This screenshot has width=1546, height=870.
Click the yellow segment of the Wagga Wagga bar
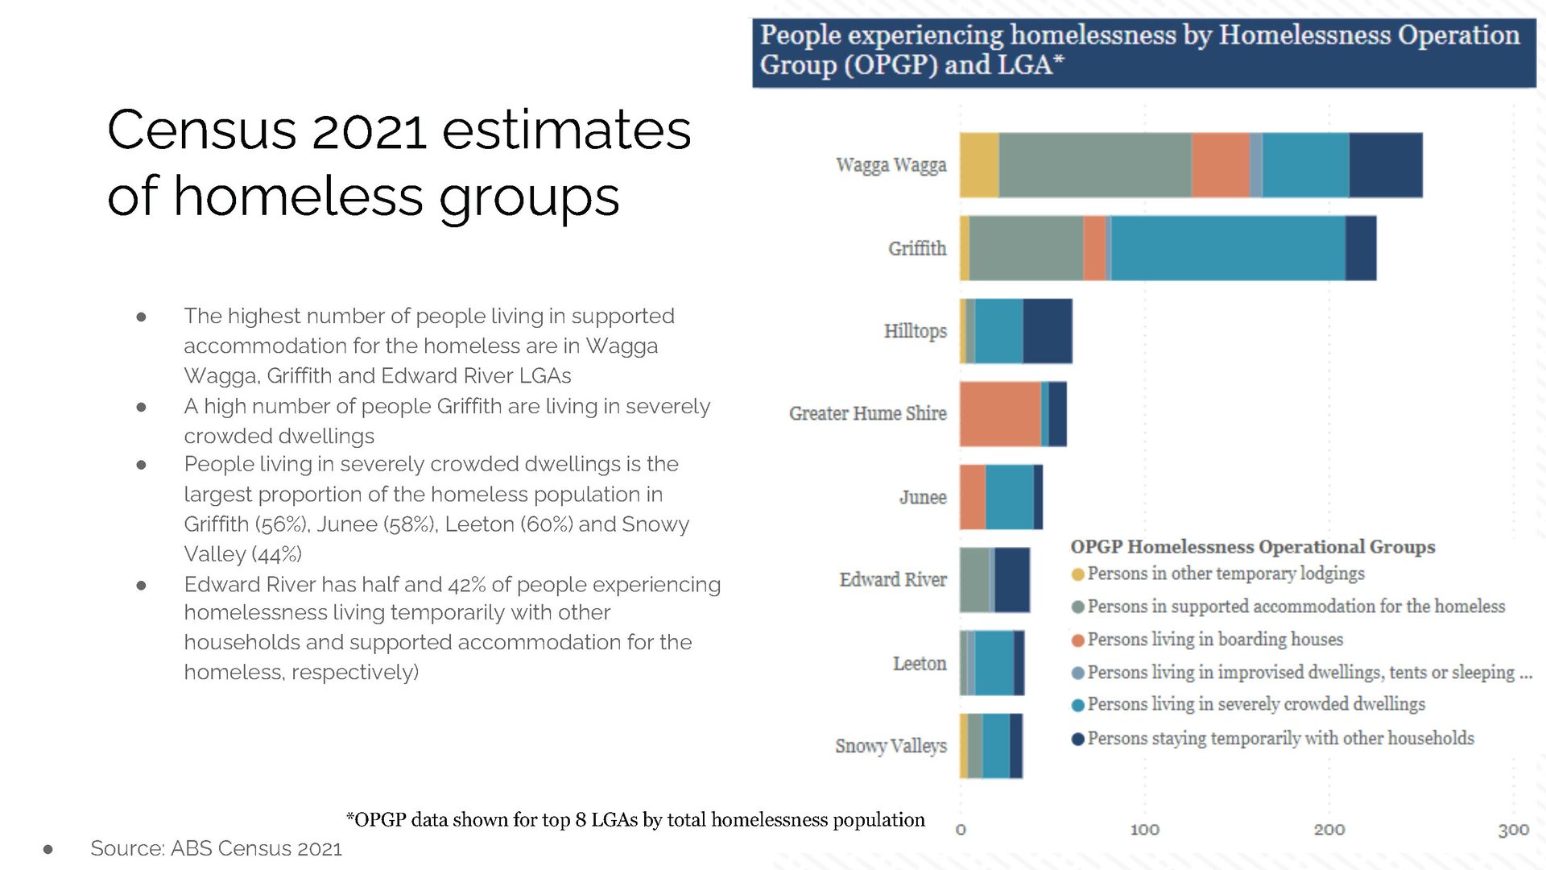click(979, 165)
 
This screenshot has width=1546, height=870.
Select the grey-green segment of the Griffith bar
click(1026, 248)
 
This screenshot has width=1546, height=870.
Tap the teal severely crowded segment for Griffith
click(1228, 248)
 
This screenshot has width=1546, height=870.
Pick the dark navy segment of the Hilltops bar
click(1048, 331)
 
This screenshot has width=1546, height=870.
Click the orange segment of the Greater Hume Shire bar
click(1000, 414)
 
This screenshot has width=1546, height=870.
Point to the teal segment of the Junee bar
click(1010, 497)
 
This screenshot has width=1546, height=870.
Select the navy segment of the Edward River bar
click(1012, 580)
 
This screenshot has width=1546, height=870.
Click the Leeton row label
click(920, 664)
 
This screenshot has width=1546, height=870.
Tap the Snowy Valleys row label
click(891, 746)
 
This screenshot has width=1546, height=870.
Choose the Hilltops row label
click(915, 331)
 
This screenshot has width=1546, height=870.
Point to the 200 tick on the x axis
click(1329, 830)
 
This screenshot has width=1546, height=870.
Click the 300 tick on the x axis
click(1513, 830)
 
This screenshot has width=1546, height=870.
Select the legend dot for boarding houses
click(1078, 640)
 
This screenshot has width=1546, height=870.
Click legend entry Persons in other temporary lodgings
click(1226, 574)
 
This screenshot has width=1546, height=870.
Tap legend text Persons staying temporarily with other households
click(1280, 739)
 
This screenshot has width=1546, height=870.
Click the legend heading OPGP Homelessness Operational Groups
click(1252, 547)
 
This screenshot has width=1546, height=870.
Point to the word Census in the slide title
click(202, 130)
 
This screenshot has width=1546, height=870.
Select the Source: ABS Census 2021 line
click(216, 848)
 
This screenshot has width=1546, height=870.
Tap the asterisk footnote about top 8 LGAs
click(635, 820)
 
